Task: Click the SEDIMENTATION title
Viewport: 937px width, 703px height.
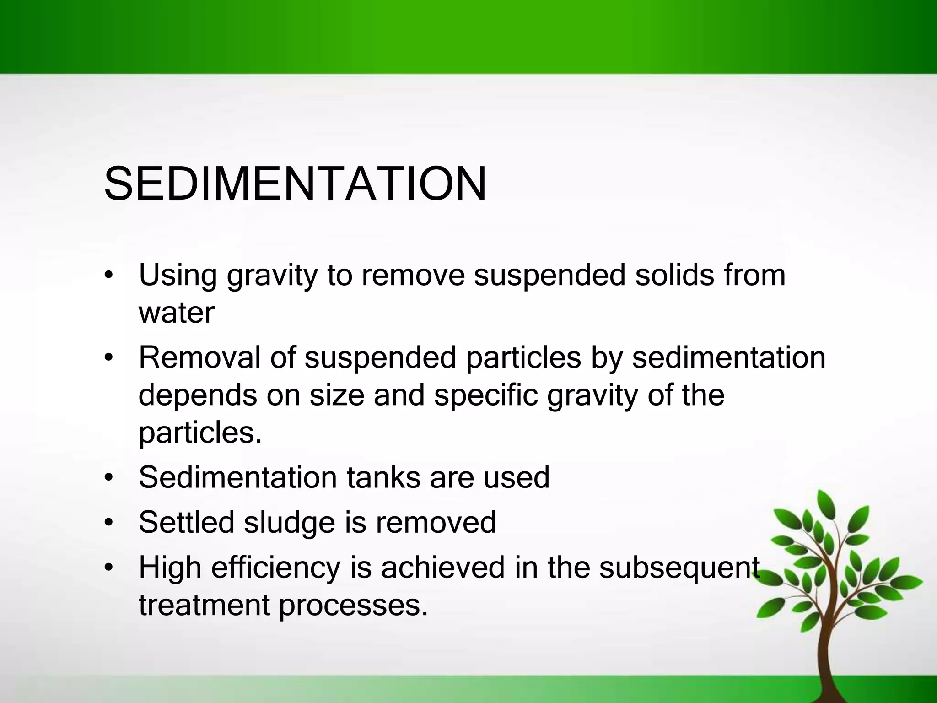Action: [295, 184]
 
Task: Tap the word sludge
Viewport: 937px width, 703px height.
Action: [289, 522]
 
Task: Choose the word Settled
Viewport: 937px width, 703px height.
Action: [186, 522]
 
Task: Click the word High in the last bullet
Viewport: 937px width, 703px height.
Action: [170, 568]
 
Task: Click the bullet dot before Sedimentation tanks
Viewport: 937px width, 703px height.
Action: [108, 478]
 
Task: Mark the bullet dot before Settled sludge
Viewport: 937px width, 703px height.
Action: [108, 523]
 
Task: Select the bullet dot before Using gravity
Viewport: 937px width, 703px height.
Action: [108, 276]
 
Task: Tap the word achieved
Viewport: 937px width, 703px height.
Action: [442, 568]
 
